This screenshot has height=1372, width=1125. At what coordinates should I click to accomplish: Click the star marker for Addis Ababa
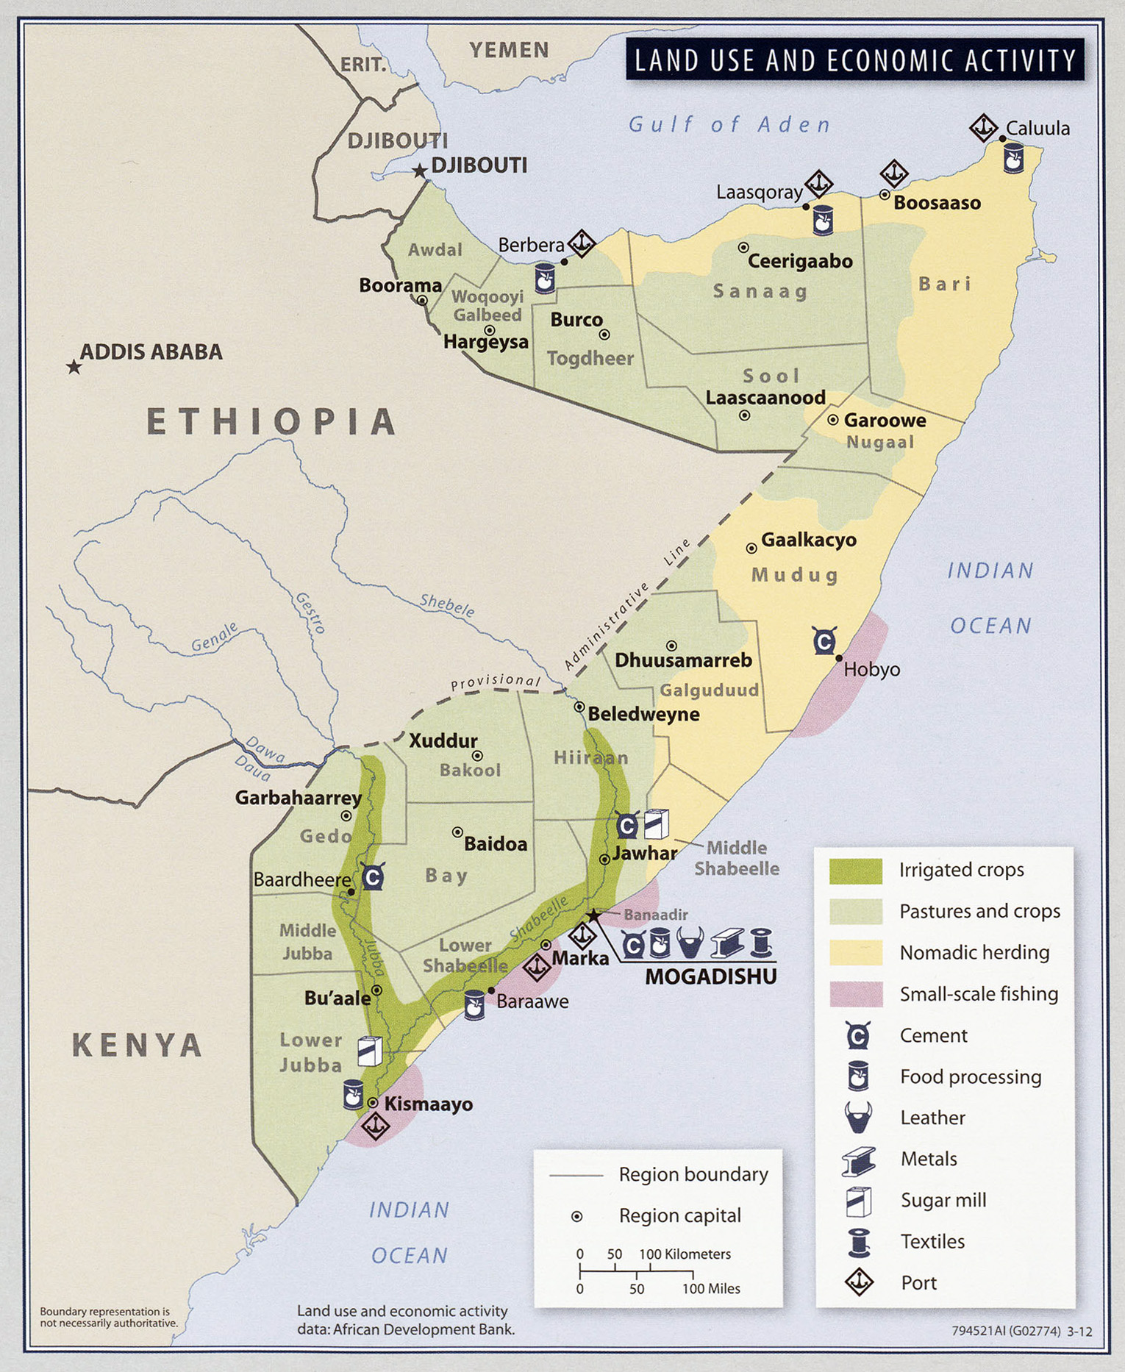(x=74, y=366)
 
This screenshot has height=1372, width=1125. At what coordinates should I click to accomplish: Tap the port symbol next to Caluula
(x=983, y=128)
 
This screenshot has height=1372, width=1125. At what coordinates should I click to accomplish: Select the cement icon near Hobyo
(x=824, y=641)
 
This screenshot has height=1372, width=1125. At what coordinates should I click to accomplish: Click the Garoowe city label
(x=885, y=421)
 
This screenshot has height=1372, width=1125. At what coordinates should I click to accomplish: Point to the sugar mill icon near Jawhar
(x=656, y=823)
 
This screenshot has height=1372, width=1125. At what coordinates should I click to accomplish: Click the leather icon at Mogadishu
(x=690, y=943)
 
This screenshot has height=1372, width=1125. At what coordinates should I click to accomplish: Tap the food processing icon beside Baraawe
(x=474, y=1004)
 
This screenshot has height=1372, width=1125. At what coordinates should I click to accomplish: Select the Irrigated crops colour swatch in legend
(x=855, y=871)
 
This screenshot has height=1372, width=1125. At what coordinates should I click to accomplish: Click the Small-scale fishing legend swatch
(x=855, y=994)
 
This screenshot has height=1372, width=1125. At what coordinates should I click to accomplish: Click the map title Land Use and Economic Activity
(x=854, y=60)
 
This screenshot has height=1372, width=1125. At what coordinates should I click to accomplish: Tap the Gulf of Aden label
(x=729, y=124)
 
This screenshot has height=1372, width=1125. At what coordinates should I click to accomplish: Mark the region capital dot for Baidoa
(x=457, y=832)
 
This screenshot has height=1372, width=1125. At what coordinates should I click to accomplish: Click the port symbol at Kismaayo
(x=375, y=1126)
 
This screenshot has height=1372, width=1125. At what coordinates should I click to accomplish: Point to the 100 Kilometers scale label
(x=685, y=1254)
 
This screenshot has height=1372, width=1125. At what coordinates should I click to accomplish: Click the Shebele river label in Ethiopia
(x=447, y=605)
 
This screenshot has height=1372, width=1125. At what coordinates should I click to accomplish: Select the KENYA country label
(x=137, y=1045)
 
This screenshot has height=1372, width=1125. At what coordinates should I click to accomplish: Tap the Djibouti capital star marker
(x=419, y=171)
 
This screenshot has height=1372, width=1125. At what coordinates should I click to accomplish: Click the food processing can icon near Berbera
(x=544, y=279)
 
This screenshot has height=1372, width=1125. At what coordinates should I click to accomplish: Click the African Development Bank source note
(x=405, y=1320)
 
